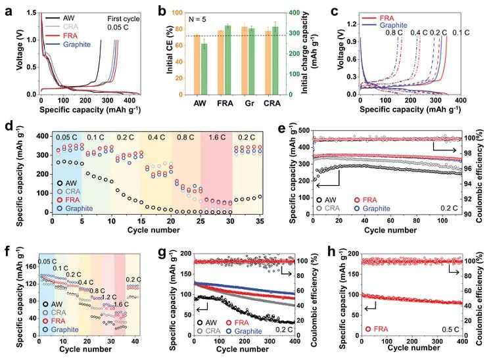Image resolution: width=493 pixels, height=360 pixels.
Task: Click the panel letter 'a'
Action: click(x=7, y=9)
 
